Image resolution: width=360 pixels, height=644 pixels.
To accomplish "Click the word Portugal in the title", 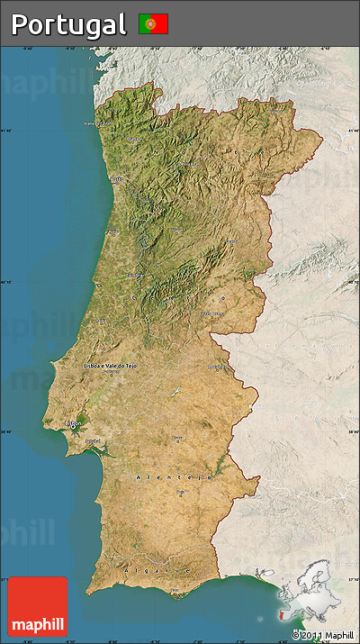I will (x=68, y=24).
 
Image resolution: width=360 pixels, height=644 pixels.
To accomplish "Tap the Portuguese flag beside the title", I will (x=153, y=24).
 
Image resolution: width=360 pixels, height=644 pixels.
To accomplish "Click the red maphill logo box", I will (x=37, y=606).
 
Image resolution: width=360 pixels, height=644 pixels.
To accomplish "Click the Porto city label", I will (x=116, y=178).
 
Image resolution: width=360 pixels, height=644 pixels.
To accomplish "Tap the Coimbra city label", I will (x=135, y=275).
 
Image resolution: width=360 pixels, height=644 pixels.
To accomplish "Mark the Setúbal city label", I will (x=92, y=440).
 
